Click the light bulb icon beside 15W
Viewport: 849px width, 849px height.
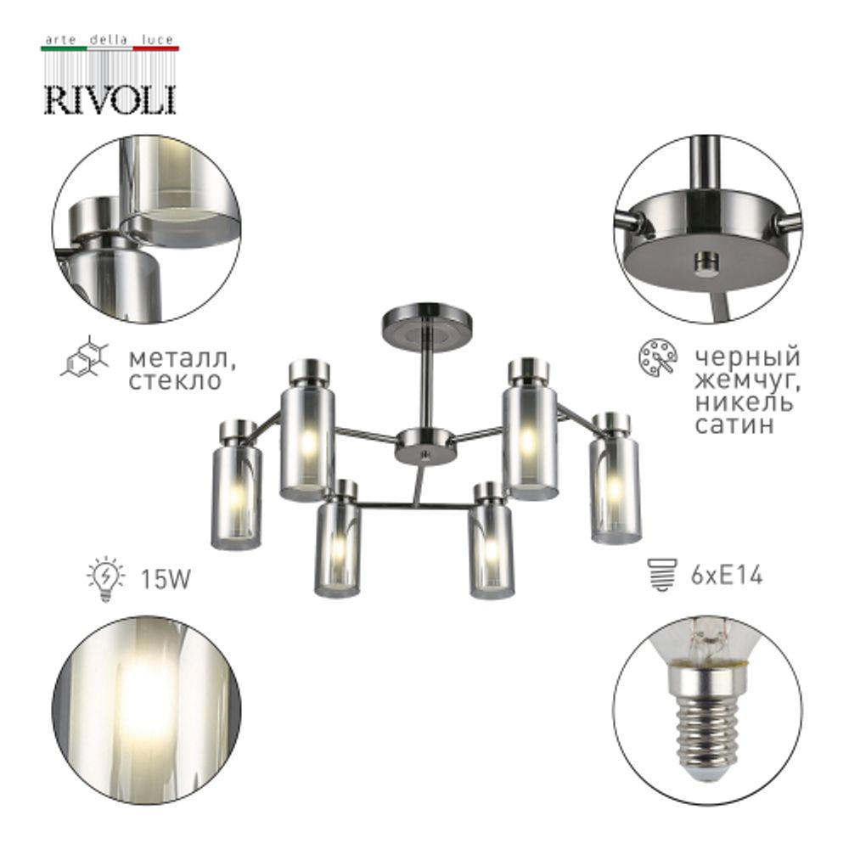[x=105, y=580]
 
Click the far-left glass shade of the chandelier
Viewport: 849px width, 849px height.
[x=236, y=494]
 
